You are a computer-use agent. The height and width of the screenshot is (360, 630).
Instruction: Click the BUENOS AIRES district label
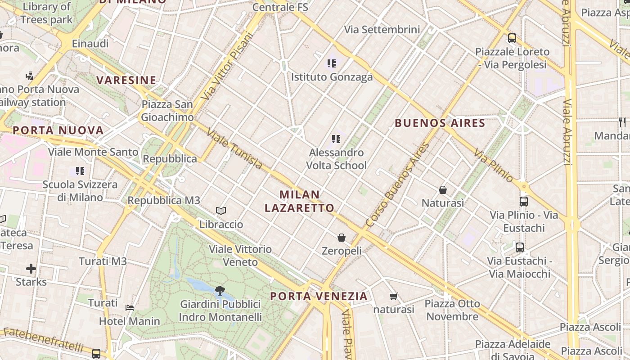440,123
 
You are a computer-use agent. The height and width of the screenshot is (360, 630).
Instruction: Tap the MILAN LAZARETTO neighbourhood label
300,201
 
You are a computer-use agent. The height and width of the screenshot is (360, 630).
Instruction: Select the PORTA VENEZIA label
319,296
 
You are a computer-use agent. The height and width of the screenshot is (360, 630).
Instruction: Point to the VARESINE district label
126,81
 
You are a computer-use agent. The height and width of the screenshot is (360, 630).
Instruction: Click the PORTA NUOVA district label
58,130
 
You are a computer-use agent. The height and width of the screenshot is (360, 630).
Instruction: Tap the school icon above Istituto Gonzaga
332,63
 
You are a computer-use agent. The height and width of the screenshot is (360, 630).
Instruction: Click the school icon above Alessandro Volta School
336,139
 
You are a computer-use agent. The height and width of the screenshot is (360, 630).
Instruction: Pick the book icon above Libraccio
221,211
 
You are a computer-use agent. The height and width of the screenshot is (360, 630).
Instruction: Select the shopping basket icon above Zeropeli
342,237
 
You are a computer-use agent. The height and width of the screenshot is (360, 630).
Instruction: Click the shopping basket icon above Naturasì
443,190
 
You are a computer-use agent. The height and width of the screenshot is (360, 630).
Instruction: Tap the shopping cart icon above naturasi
394,296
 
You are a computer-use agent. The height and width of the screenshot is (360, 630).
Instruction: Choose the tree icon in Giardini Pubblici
220,291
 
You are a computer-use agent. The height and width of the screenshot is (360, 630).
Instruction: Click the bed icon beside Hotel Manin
130,308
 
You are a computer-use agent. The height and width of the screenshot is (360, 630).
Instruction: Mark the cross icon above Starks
31,269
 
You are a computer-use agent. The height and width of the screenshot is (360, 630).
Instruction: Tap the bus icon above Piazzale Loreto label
512,38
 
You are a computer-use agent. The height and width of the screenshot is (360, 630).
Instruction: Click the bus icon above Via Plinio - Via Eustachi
524,202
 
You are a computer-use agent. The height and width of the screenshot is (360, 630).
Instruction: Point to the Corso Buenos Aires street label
396,184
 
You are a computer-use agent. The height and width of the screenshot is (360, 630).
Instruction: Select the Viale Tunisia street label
234,149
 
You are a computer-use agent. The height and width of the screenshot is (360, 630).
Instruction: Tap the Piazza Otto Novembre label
452,310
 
